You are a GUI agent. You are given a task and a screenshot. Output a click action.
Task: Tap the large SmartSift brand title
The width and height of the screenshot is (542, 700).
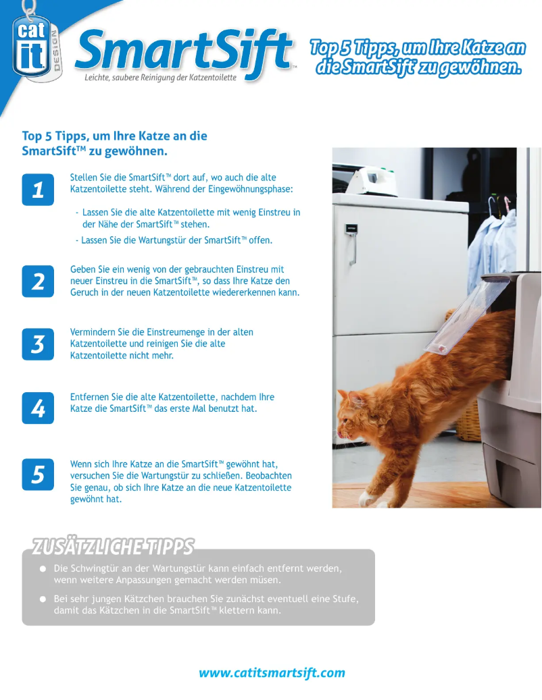182,50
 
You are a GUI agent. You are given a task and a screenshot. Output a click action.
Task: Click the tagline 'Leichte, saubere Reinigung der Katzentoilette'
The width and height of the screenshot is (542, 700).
160,78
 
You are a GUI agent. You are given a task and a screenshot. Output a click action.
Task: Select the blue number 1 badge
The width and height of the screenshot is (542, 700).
38,190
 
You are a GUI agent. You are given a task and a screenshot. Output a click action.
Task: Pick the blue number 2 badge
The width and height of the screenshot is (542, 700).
38,281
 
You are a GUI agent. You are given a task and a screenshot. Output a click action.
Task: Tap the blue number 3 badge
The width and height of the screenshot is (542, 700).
38,344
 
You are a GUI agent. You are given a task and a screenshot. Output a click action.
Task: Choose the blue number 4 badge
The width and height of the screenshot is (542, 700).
38,408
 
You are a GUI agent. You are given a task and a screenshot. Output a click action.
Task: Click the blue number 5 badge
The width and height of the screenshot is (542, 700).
38,475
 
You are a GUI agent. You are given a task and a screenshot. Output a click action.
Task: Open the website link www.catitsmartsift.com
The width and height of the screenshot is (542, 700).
272,673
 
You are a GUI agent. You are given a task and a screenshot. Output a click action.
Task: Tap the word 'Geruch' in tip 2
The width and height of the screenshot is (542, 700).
85,292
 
